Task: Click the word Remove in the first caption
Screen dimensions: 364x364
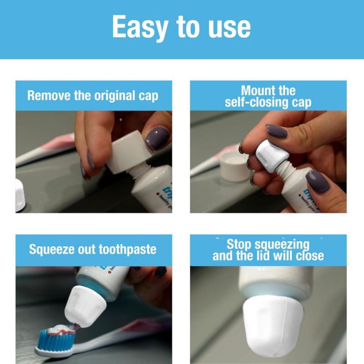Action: pos(49,95)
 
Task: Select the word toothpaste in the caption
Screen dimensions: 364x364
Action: pos(127,250)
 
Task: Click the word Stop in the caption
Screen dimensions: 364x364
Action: pos(239,244)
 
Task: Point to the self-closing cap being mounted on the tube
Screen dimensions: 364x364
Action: pos(272,156)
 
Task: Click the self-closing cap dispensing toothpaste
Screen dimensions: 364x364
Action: pos(85,306)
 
